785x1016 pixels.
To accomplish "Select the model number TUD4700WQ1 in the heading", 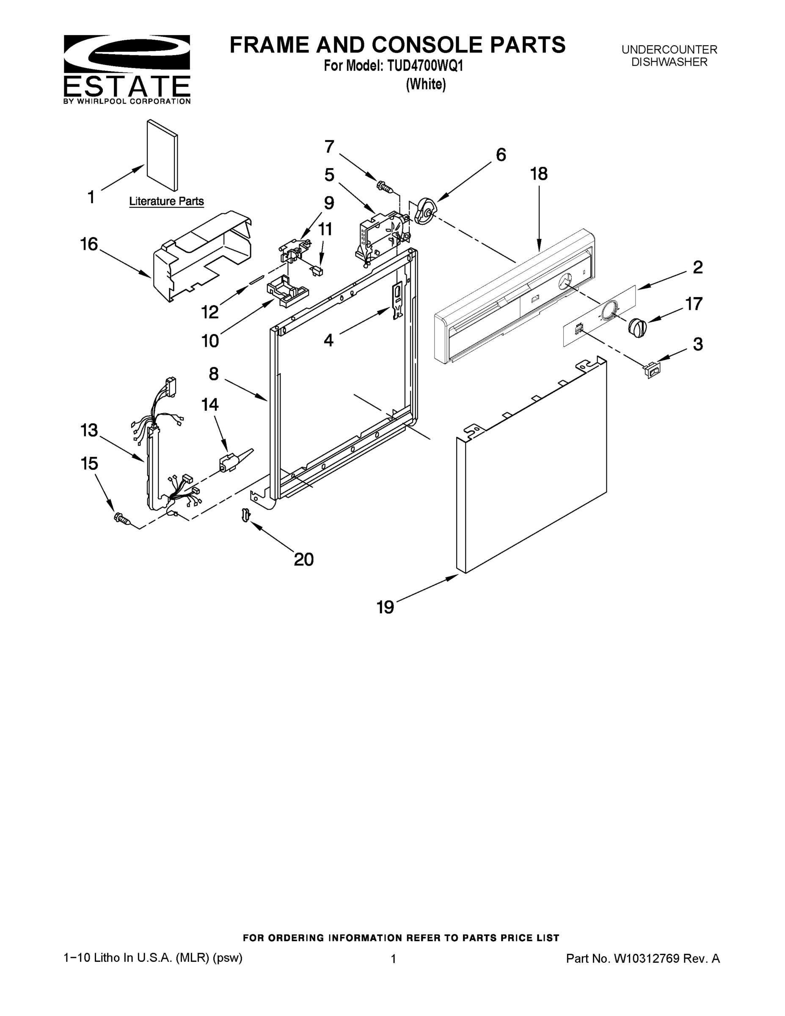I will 423,66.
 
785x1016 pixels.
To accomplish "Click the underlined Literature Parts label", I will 166,202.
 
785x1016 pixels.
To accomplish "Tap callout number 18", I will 539,174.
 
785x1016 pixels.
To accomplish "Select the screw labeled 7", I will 386,187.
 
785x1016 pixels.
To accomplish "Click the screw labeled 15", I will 121,518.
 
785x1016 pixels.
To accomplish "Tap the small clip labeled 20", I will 246,515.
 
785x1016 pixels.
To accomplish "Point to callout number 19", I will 385,607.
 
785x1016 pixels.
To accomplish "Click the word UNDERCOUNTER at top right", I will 669,49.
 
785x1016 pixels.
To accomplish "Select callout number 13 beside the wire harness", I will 89,430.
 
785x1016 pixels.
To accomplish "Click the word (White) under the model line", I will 426,84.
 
